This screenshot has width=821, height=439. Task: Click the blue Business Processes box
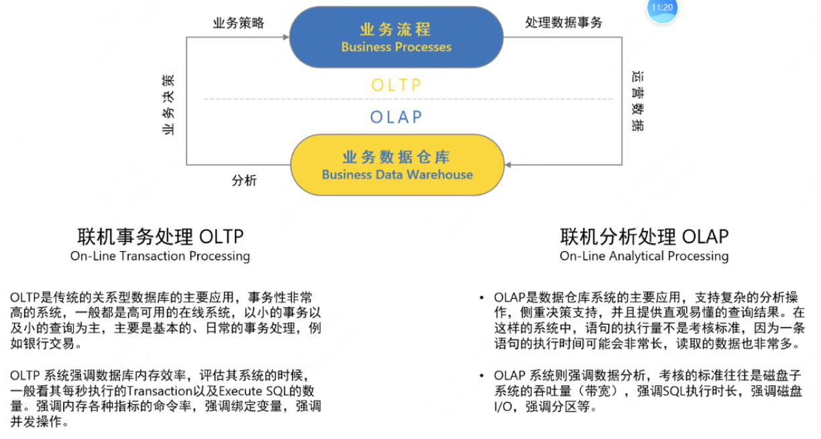pos(396,38)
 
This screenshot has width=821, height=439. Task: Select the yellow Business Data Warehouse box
pos(397,165)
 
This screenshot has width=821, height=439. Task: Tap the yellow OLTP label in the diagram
pos(396,85)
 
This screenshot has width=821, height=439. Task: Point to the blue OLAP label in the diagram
pos(396,117)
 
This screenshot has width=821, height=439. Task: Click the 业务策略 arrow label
pos(238,23)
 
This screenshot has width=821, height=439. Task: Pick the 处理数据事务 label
pos(563,23)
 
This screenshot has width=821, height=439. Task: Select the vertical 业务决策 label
pos(168,105)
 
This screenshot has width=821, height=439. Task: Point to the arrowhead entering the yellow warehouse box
pos(508,164)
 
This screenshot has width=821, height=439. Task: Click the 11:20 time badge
pos(662,8)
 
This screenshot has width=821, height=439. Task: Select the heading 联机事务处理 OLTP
pos(160,237)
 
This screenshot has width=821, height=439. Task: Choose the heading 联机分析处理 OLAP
pos(644,237)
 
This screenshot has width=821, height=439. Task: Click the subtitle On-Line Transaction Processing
pos(160,256)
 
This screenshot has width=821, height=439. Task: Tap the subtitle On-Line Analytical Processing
pos(644,256)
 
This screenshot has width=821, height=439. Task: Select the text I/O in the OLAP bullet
pos(503,407)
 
